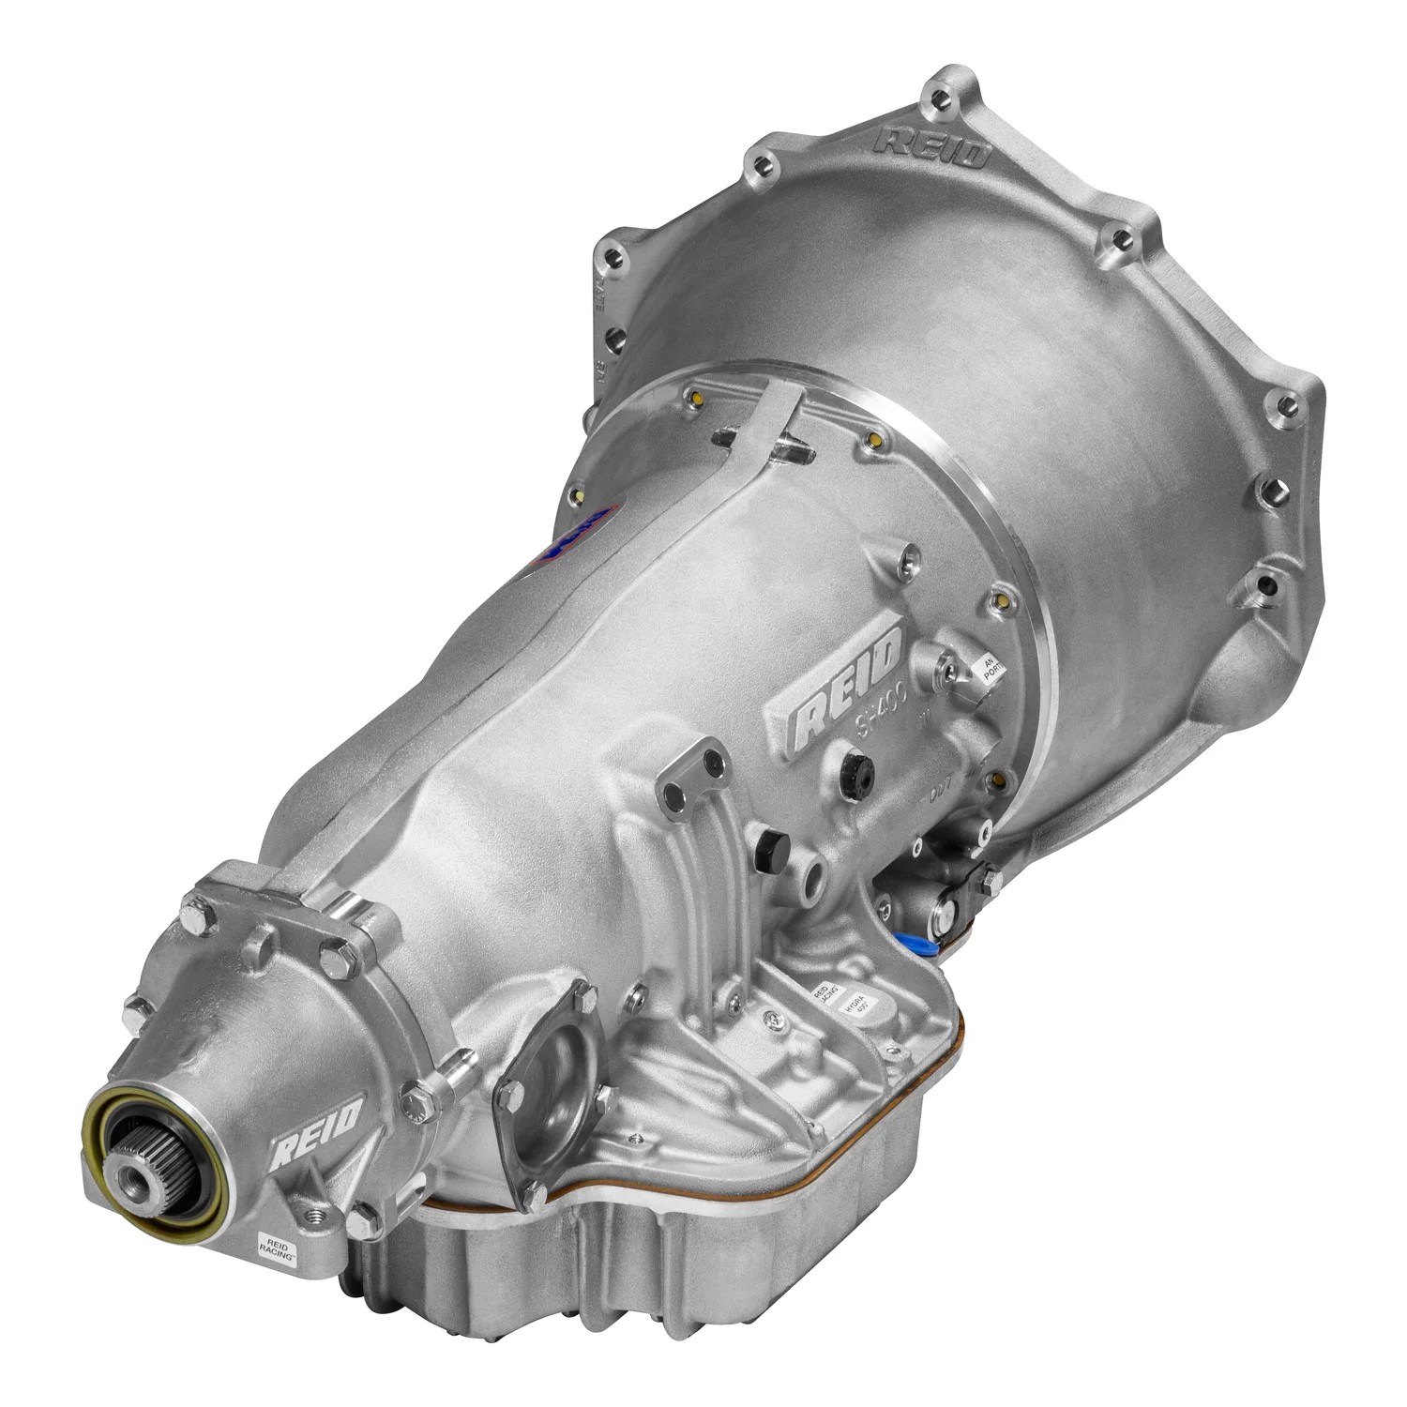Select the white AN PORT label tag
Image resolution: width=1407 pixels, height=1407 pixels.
pyautogui.click(x=986, y=673)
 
